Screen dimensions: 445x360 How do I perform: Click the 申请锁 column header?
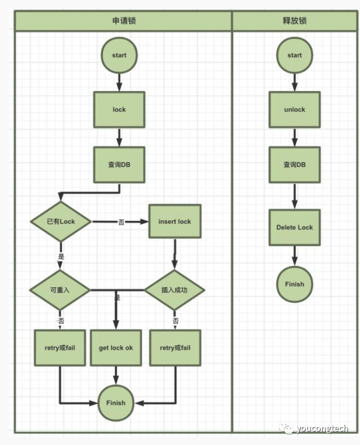[x=123, y=21]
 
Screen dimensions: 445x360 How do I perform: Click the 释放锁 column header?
[x=295, y=21]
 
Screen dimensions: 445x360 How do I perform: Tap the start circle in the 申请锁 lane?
[x=119, y=55]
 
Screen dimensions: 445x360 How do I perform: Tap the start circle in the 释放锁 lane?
[x=294, y=55]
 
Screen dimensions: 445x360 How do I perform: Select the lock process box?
[x=119, y=109]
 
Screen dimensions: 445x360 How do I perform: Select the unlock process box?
[x=294, y=109]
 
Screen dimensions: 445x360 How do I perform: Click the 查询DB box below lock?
[x=119, y=165]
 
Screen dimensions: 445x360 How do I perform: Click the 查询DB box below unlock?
[x=294, y=165]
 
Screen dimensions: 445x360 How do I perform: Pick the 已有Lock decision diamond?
[x=61, y=221]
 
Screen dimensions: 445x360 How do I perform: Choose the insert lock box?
[x=174, y=221]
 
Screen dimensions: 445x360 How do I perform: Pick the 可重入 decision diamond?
[x=60, y=290]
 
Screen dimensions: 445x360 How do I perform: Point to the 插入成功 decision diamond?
[x=174, y=290]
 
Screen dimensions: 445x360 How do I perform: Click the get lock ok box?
[x=116, y=348]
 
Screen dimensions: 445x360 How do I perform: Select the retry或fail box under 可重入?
[x=60, y=348]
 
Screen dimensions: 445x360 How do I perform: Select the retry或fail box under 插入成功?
[x=175, y=348]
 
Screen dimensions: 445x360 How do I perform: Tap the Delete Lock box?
[x=294, y=227]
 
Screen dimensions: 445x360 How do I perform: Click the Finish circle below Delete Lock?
[x=294, y=284]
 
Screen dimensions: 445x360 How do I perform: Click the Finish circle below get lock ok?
[x=116, y=403]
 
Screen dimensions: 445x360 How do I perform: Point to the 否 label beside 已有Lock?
[x=121, y=222]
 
